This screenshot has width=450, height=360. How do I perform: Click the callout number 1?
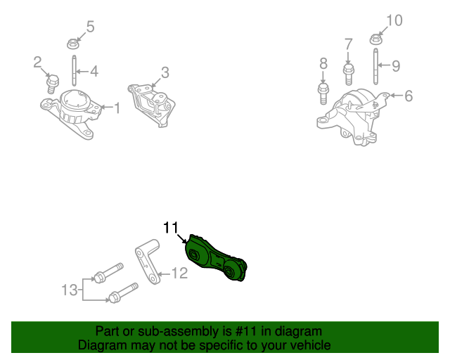coord(117,108)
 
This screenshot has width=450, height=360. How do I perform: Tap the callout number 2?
coord(37,63)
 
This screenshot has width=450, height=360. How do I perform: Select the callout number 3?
coord(165,72)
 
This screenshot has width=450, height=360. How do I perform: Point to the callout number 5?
coord(90,27)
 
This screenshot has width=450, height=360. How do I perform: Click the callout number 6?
coord(409,95)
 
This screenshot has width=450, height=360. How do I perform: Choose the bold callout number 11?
coord(171,227)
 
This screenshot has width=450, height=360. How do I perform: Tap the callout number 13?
coord(68,290)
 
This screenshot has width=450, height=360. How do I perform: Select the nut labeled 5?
coord(72,44)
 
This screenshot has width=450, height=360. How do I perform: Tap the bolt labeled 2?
coord(51,84)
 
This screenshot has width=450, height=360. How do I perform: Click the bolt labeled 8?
coord(323,91)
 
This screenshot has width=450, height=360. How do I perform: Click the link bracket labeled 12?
coord(148,262)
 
